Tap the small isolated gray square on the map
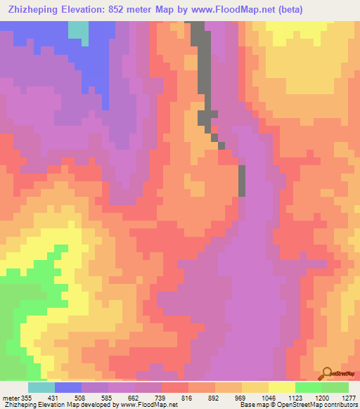click(x=221, y=145)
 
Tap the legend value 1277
click(x=348, y=397)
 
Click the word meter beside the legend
click(x=12, y=397)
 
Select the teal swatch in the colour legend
click(x=41, y=387)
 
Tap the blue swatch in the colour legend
click(x=67, y=387)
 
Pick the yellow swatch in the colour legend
click(x=281, y=387)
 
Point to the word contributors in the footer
click(x=340, y=405)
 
